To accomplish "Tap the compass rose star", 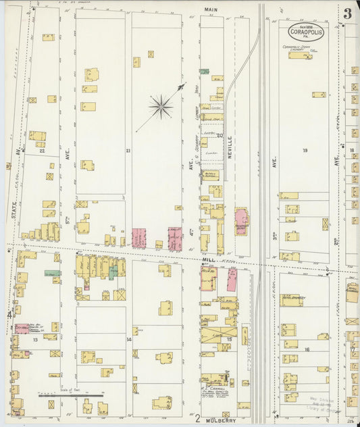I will coord(161,105).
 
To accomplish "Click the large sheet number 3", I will coord(347,14).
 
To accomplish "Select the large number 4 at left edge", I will coord(9,315).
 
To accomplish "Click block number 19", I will coord(305,151).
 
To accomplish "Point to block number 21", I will coord(128,151).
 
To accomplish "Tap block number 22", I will coord(42,151).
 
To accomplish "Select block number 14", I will coord(128,339).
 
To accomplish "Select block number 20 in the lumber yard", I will coord(219,135).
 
